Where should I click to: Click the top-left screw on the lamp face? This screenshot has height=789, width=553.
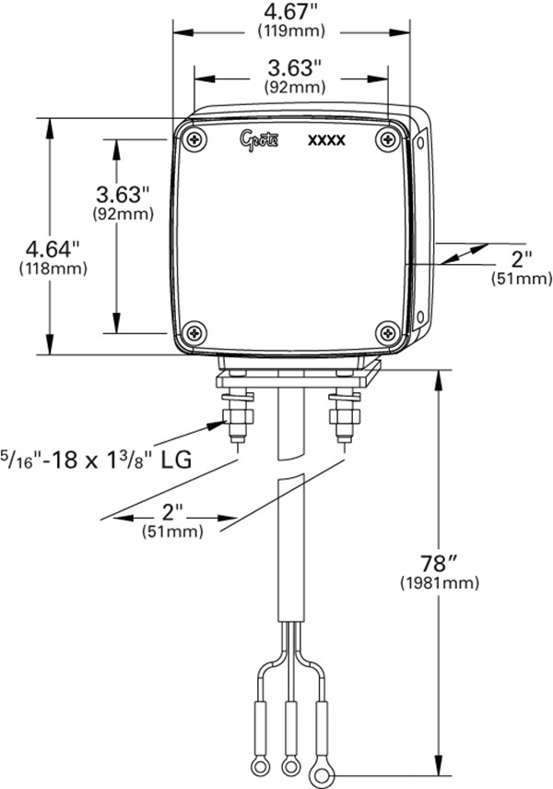(194, 138)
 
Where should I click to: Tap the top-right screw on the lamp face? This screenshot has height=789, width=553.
(388, 138)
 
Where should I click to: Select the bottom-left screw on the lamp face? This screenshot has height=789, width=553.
(194, 332)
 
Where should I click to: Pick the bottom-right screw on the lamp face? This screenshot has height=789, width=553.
(388, 332)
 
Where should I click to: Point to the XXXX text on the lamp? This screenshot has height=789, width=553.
(327, 140)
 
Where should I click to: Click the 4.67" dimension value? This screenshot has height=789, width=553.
(291, 12)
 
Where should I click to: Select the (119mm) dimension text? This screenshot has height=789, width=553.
(291, 31)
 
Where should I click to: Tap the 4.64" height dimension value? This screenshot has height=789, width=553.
(53, 248)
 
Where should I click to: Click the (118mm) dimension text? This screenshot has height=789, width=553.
(53, 269)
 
